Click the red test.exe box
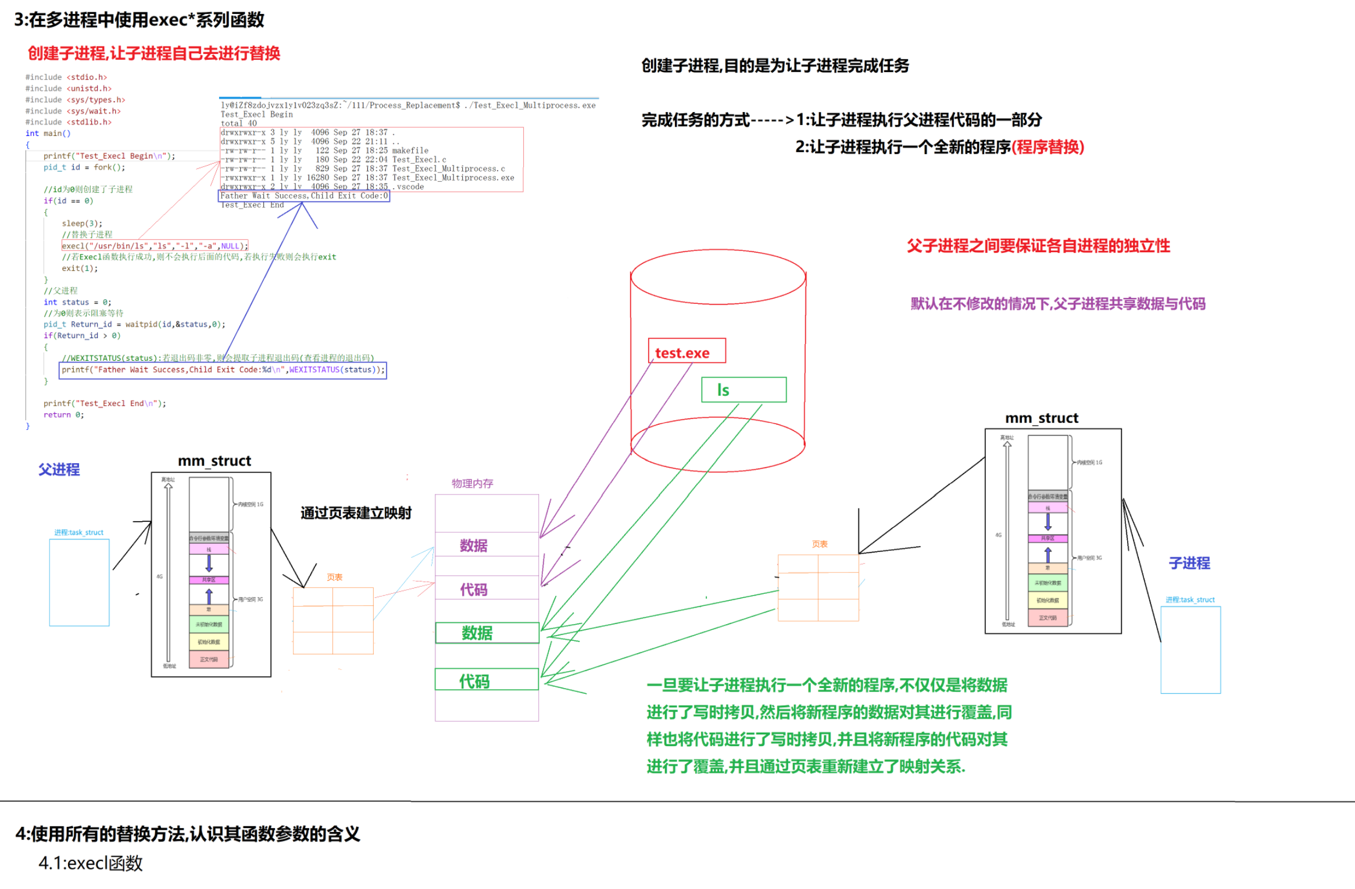[687, 351]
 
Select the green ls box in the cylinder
[743, 390]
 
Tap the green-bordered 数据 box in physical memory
[487, 633]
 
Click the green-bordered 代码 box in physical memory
[487, 680]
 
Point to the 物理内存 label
[472, 483]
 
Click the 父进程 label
[59, 469]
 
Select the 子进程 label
[1189, 563]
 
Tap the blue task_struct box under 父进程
[79, 582]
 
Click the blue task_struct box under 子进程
[1190, 650]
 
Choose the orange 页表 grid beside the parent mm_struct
[333, 621]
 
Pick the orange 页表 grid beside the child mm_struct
[818, 587]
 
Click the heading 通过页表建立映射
[356, 513]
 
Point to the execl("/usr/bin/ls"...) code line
[155, 246]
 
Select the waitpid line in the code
[134, 324]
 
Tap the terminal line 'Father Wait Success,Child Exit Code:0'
[304, 196]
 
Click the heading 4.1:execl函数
[91, 863]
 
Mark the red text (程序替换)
[1047, 147]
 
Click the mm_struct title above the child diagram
[1041, 418]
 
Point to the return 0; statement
[63, 415]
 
